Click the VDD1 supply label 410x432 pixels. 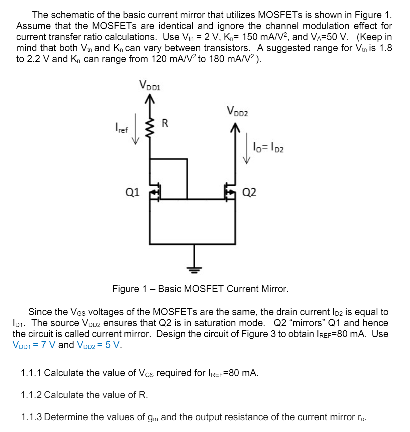point(150,86)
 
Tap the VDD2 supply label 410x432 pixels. point(237,111)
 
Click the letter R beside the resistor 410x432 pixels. point(165,123)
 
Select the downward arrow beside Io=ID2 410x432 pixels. point(246,148)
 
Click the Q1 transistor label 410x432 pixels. point(133,192)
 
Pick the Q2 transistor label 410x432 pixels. point(249,192)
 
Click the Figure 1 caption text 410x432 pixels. point(200,289)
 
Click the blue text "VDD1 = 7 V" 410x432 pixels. point(34,345)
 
